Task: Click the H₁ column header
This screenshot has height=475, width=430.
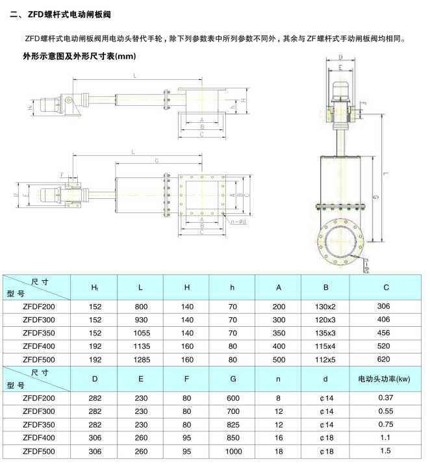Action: tap(95, 287)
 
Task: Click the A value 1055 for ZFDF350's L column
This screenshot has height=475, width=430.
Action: tap(141, 333)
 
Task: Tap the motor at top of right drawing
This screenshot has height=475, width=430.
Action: tap(343, 90)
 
